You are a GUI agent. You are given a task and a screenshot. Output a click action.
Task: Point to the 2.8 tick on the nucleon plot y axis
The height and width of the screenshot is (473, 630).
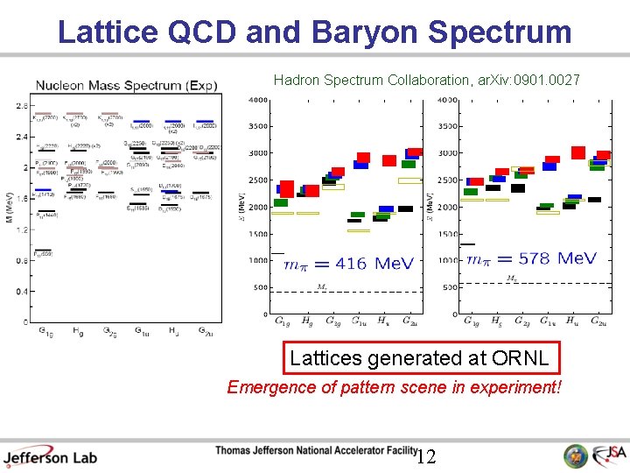(x=20, y=106)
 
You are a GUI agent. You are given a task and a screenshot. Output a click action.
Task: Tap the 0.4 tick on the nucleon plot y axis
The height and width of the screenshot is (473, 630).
(x=20, y=292)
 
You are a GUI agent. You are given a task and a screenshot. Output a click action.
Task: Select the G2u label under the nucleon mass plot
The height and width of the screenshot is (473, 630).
(x=204, y=331)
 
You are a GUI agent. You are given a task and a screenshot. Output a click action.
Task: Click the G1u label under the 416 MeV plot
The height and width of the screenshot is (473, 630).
(x=359, y=321)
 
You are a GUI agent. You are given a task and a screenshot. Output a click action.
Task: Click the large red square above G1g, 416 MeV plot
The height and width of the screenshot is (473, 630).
(x=286, y=188)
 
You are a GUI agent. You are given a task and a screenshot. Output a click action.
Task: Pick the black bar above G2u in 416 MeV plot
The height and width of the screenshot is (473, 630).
(x=405, y=208)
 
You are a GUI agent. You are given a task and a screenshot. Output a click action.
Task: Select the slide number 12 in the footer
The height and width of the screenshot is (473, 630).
(x=425, y=456)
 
